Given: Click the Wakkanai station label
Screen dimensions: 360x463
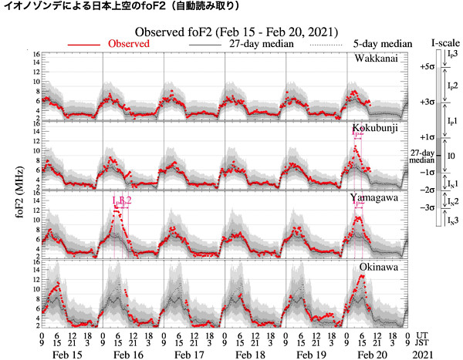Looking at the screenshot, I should tap(377, 59).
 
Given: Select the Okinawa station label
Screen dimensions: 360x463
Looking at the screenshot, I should tap(377, 267).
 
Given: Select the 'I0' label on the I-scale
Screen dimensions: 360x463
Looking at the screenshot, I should tap(450, 156).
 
